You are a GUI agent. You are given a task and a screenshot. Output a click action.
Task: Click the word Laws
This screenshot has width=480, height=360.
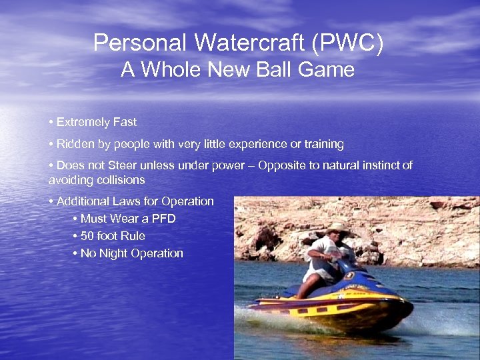coord(123,201)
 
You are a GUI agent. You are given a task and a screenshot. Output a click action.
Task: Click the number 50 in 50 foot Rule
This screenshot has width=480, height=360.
coord(87,236)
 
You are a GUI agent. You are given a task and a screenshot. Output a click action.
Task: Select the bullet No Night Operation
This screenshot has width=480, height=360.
coord(131,253)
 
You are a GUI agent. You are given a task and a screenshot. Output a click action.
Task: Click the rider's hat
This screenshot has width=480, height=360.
coord(337,229)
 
